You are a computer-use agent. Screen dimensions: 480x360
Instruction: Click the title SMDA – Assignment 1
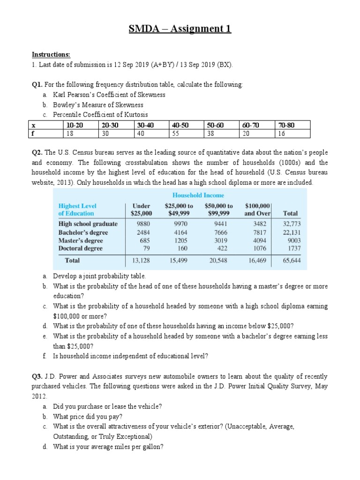point(180,30)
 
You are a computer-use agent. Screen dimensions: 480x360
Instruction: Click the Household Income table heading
point(198,195)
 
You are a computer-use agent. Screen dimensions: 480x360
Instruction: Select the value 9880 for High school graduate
point(142,224)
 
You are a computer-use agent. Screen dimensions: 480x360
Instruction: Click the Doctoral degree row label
point(80,248)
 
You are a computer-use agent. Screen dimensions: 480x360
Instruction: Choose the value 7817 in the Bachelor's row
point(259,232)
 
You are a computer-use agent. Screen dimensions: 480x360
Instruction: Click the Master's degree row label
point(80,240)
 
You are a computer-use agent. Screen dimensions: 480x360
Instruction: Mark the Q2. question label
point(37,153)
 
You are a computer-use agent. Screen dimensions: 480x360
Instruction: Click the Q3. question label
point(37,376)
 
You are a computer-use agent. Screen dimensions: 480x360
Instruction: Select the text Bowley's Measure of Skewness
point(98,105)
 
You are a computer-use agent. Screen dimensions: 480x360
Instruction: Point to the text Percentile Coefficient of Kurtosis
point(100,115)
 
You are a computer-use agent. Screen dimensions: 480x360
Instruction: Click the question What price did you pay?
point(88,416)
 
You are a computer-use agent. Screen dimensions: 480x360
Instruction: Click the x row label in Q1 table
point(33,125)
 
